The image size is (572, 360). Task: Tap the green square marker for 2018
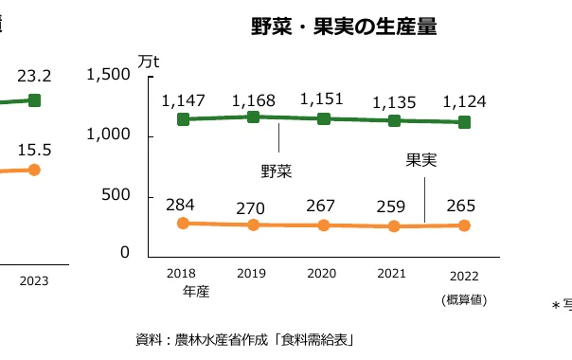coord(184,119)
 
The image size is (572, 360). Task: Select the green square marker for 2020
coord(323,118)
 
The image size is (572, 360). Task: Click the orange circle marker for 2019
coord(254,225)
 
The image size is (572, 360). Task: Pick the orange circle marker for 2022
coord(464,225)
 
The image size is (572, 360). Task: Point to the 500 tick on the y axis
coord(115,195)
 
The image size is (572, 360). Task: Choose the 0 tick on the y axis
coord(125,253)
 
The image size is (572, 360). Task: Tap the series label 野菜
coord(277,171)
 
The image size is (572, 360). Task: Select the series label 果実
coord(420,160)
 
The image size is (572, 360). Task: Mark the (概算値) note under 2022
coord(463,300)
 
